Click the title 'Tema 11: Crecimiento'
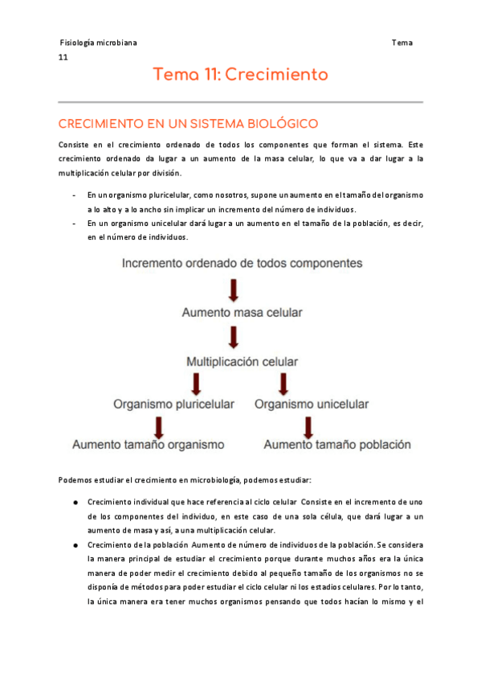coord(241,75)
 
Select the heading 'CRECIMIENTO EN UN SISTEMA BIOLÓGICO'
coord(189,124)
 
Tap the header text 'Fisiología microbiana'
coord(98,43)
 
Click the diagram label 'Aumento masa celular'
coord(234,312)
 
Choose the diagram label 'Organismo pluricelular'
coord(174,404)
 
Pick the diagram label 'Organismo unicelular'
coord(312,404)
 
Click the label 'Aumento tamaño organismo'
coord(149,444)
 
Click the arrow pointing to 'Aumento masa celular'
coord(234,289)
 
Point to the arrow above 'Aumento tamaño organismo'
coord(161,425)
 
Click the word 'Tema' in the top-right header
coord(402,43)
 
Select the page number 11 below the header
coord(63,58)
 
